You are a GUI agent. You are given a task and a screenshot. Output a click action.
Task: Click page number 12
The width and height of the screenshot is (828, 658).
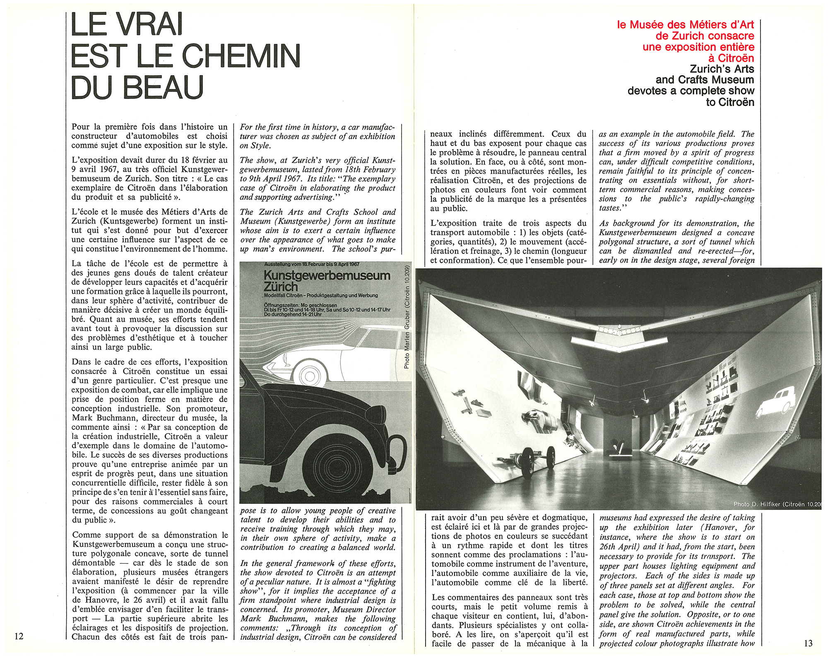19,636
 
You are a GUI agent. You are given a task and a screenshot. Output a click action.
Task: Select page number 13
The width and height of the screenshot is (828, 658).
808,643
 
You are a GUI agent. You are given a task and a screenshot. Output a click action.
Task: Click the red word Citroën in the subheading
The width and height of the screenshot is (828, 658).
736,58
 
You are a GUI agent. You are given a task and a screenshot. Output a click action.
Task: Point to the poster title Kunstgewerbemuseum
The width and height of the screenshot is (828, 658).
327,275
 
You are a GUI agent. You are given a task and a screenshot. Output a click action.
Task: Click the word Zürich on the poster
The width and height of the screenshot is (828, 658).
281,287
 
